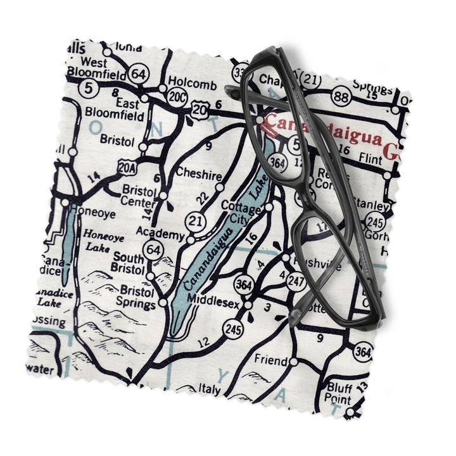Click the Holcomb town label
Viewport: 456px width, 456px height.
[196, 85]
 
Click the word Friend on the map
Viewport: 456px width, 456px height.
[270, 360]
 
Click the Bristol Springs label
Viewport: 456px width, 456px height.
[137, 298]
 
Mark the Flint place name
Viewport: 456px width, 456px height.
[370, 154]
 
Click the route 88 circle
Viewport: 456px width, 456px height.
[341, 96]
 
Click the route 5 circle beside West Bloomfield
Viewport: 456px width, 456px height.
[88, 88]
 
